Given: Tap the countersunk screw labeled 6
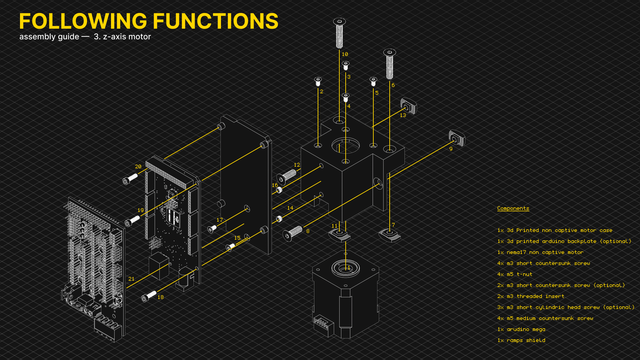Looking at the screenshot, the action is pyautogui.click(x=389, y=64).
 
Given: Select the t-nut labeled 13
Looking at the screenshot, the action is pyautogui.click(x=409, y=106).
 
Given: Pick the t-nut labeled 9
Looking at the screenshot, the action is pyautogui.click(x=457, y=138).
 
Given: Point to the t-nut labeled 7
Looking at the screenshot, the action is pyautogui.click(x=390, y=235).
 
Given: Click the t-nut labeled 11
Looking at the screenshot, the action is pyautogui.click(x=340, y=235).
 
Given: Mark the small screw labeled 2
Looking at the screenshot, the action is pyautogui.click(x=318, y=81).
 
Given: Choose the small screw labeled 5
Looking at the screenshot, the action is pyautogui.click(x=373, y=81).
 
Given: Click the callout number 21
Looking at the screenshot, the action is pyautogui.click(x=131, y=279).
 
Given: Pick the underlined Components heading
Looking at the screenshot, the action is pyautogui.click(x=513, y=208).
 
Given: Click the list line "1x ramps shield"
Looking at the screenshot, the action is pyautogui.click(x=521, y=340).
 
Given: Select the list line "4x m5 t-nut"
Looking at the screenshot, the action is pyautogui.click(x=515, y=274).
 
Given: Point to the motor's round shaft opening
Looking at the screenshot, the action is pyautogui.click(x=345, y=268).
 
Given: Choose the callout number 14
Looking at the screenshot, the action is pyautogui.click(x=290, y=208).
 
